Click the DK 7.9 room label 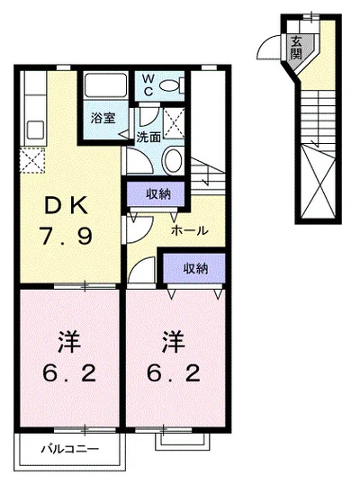click(66, 222)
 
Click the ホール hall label click(190, 230)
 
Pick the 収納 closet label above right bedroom click(193, 267)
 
